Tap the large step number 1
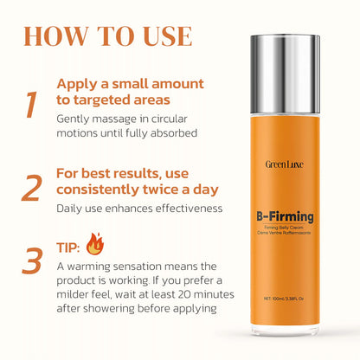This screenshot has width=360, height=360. (31, 104)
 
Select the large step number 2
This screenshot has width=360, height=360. (31, 187)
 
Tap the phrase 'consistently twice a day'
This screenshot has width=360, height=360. (138, 189)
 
